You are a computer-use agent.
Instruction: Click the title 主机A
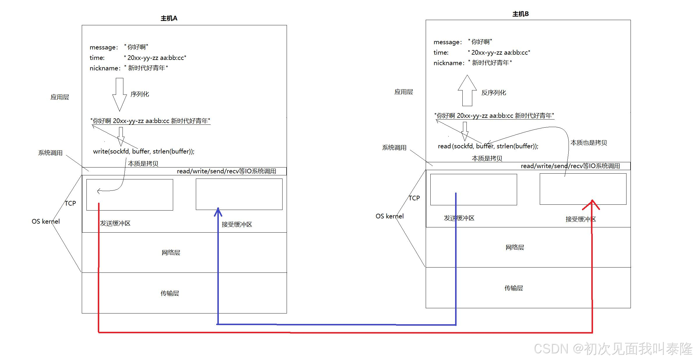click(x=169, y=18)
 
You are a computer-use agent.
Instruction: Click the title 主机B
click(x=520, y=14)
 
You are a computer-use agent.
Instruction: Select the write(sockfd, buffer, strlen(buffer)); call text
click(x=144, y=152)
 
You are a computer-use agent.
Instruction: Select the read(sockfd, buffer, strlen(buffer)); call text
click(x=488, y=146)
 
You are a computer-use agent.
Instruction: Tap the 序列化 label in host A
click(x=140, y=94)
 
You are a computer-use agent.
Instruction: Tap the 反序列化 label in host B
click(x=494, y=93)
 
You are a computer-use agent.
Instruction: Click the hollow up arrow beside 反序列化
click(x=467, y=90)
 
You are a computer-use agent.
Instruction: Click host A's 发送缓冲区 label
click(x=115, y=223)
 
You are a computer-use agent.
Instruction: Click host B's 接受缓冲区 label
click(x=581, y=219)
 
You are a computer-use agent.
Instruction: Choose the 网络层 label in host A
click(x=171, y=252)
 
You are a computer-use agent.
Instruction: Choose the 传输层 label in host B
click(x=514, y=288)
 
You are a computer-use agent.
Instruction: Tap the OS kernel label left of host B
click(x=389, y=216)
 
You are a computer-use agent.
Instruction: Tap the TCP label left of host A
click(x=70, y=203)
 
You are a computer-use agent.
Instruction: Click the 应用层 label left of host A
click(x=60, y=97)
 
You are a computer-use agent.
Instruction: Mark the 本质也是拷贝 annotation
click(x=588, y=143)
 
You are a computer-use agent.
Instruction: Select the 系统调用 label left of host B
click(x=394, y=148)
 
